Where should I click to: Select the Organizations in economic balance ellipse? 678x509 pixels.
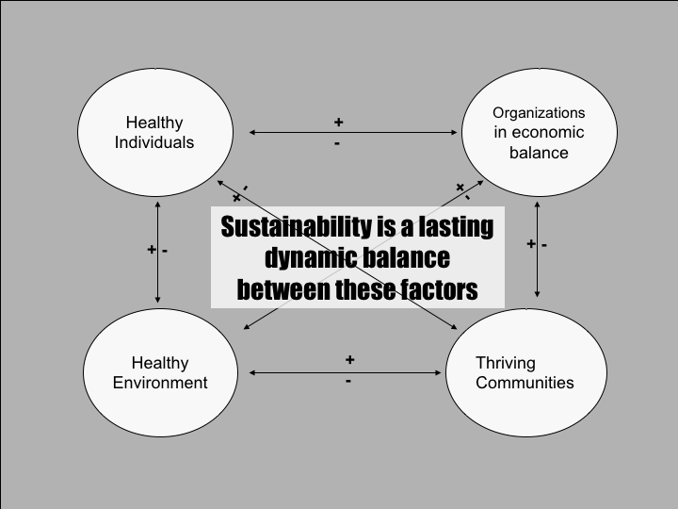coord(539,133)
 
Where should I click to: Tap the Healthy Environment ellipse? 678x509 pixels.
coord(160,373)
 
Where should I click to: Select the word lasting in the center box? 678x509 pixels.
coord(455,227)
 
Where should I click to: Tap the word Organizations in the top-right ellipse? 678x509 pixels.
coord(539,113)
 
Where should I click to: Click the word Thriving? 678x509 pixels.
coord(506,363)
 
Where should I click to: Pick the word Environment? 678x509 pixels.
coord(160,383)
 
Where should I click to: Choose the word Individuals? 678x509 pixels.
coord(154,142)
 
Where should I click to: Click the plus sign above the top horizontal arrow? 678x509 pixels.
coord(338,123)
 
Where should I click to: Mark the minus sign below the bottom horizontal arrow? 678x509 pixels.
coord(348,382)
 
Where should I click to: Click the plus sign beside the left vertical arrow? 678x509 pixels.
coord(151,250)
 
